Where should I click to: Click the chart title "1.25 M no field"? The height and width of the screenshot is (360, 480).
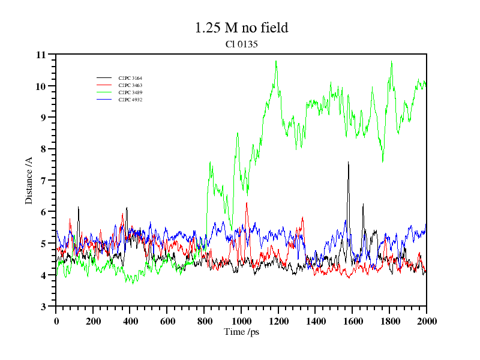pyautogui.click(x=241, y=28)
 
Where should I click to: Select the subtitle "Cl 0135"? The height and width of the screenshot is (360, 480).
pyautogui.click(x=241, y=44)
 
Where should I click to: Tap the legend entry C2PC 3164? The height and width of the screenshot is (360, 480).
pyautogui.click(x=130, y=78)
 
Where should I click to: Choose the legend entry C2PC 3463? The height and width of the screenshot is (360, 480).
pyautogui.click(x=130, y=85)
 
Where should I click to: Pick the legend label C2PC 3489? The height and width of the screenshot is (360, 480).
pyautogui.click(x=130, y=92)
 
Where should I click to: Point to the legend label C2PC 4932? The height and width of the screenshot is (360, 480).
pyautogui.click(x=130, y=100)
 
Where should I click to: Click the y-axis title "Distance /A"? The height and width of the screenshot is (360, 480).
pyautogui.click(x=29, y=180)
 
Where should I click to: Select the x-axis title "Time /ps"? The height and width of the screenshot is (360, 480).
pyautogui.click(x=241, y=332)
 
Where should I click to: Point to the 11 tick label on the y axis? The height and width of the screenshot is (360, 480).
pyautogui.click(x=41, y=55)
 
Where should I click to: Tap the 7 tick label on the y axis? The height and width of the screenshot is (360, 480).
pyautogui.click(x=43, y=181)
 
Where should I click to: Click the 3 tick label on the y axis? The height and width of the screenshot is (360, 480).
pyautogui.click(x=43, y=307)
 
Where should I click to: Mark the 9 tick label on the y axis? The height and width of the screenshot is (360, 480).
pyautogui.click(x=43, y=118)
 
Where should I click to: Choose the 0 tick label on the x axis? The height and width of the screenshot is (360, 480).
pyautogui.click(x=56, y=321)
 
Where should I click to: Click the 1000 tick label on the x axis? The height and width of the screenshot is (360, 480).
pyautogui.click(x=241, y=321)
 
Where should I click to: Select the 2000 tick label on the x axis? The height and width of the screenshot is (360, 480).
pyautogui.click(x=426, y=321)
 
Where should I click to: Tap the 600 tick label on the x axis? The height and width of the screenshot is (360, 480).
pyautogui.click(x=167, y=321)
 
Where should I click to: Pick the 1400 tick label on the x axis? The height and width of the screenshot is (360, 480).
pyautogui.click(x=315, y=321)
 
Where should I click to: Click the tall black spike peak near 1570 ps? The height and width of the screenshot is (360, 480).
pyautogui.click(x=348, y=162)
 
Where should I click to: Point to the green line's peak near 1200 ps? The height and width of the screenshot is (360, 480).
pyautogui.click(x=276, y=61)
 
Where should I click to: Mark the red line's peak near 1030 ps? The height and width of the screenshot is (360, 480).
pyautogui.click(x=247, y=203)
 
